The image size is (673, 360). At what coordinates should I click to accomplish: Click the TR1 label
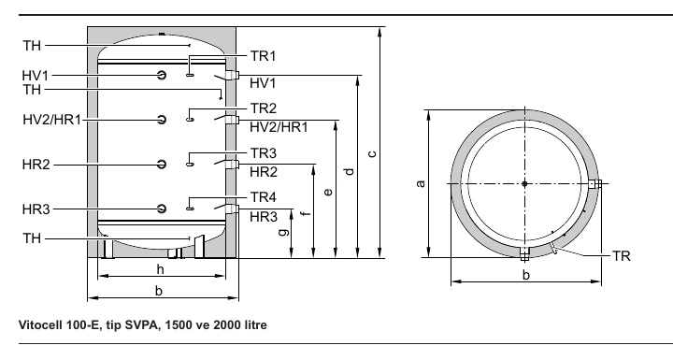[x=263, y=56]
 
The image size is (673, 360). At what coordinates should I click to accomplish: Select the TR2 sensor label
[x=263, y=108]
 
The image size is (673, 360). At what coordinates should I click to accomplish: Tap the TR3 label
[x=263, y=153]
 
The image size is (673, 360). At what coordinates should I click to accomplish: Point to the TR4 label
[x=263, y=197]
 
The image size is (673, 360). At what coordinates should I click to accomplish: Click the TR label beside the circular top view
[x=621, y=256]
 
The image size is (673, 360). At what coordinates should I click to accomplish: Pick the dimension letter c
[x=372, y=153]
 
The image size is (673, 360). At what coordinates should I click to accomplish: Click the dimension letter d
[x=350, y=171]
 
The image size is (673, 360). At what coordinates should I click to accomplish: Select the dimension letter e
[x=328, y=192]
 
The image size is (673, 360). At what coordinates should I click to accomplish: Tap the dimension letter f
[x=306, y=213]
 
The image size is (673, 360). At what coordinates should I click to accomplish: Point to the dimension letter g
[x=284, y=232]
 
